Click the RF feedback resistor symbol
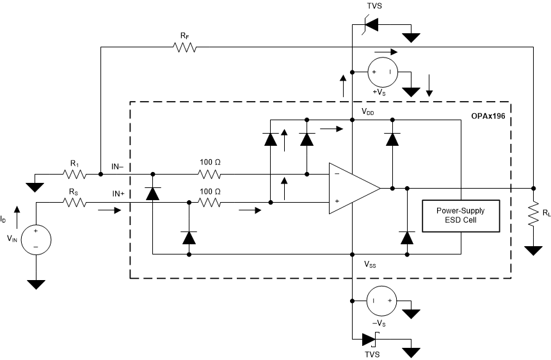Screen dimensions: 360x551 pyautogui.click(x=184, y=47)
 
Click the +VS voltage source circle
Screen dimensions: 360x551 pyautogui.click(x=382, y=72)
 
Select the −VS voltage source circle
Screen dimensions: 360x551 pyautogui.click(x=382, y=300)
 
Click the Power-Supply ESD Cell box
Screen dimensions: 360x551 pyautogui.click(x=460, y=216)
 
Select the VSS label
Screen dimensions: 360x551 pyautogui.click(x=371, y=263)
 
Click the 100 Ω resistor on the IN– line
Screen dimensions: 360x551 pyautogui.click(x=209, y=173)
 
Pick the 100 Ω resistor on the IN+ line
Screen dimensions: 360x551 pyautogui.click(x=209, y=203)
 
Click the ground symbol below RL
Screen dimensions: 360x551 pyautogui.click(x=534, y=250)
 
